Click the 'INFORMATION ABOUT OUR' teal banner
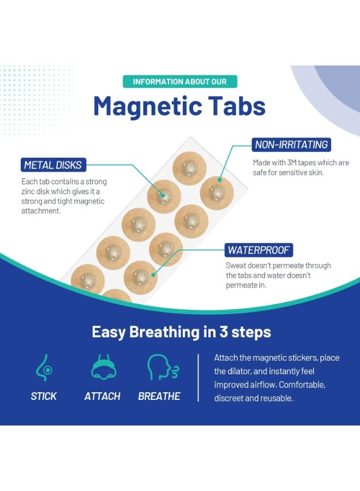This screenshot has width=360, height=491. pos(179,82)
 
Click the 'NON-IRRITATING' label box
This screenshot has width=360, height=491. pos(292,145)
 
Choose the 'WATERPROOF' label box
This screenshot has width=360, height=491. pos(260,250)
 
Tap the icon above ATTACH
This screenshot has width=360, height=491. pos(102,367)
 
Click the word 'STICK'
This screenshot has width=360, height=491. pos(44,396)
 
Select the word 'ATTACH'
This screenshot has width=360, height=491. pos(102,396)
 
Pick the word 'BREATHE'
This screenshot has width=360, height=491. pos(159,396)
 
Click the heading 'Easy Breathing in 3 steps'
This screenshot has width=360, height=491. pos(181,332)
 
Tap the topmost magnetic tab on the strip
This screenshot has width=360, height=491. pos(189,168)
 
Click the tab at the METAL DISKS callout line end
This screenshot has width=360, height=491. pos(164,196)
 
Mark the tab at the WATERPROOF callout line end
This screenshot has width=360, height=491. pos(141,277)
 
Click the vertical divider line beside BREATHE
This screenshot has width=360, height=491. pos(199,377)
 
